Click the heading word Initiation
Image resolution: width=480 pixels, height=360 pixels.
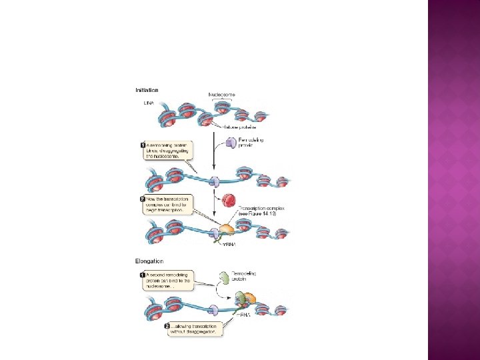click(147, 90)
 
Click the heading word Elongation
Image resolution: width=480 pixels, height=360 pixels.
click(149, 261)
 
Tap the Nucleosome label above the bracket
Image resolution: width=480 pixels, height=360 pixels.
click(222, 95)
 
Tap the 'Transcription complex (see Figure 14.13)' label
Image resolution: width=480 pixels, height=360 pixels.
click(261, 211)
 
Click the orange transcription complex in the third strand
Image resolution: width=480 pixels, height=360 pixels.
click(227, 231)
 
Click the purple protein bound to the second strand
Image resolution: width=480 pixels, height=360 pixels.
click(215, 181)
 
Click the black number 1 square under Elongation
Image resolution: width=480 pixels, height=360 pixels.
click(143, 274)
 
